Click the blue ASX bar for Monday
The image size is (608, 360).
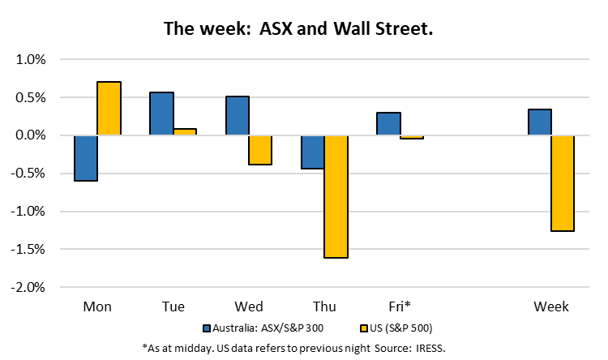click(x=86, y=158)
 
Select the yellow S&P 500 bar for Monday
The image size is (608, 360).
click(x=109, y=109)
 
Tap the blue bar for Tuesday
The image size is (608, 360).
click(x=161, y=114)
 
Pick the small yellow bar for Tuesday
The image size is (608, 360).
click(x=185, y=132)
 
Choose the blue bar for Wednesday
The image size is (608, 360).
click(x=237, y=116)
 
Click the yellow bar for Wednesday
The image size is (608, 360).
click(x=260, y=150)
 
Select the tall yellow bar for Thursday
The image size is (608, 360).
click(x=336, y=196)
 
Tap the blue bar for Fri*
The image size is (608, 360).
click(x=388, y=124)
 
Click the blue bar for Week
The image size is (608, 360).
click(x=539, y=122)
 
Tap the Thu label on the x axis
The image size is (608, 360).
click(x=324, y=306)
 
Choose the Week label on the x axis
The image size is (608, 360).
click(x=551, y=306)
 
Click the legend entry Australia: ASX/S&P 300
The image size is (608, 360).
click(x=263, y=328)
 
